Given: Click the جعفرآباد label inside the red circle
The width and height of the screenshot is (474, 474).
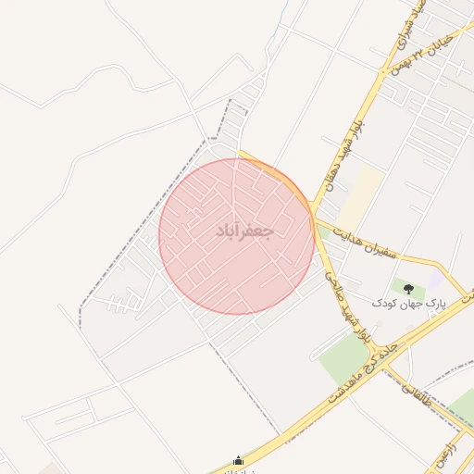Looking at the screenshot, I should pyautogui.click(x=244, y=231).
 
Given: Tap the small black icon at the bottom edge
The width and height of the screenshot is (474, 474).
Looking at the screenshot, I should pyautogui.click(x=239, y=460).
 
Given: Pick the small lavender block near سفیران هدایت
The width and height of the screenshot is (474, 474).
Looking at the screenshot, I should pyautogui.click(x=434, y=279).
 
